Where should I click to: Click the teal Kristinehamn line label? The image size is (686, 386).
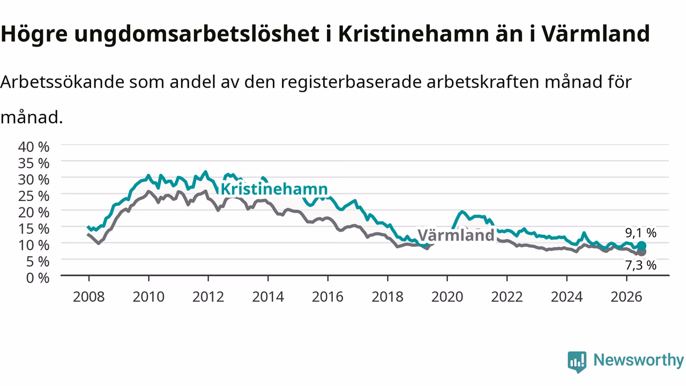(274, 189)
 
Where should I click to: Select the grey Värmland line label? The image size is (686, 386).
(456, 235)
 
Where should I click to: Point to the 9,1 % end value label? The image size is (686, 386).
(640, 233)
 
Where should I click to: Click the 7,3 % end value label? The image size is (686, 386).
(640, 265)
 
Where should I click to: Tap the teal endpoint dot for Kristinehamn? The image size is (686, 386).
(642, 246)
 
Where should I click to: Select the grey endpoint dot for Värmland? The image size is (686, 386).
(642, 252)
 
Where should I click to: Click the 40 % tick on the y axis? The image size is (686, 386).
(34, 147)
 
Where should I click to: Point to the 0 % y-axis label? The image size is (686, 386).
(38, 278)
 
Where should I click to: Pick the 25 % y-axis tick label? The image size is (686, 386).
(34, 196)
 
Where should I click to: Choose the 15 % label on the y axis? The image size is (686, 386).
(34, 229)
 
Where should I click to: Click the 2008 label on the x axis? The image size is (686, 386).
(89, 297)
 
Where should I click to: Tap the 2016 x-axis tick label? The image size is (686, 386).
(327, 297)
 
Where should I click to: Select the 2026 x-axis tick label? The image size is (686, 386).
(627, 297)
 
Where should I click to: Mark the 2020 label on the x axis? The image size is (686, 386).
(447, 297)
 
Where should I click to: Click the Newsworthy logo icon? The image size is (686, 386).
(577, 362)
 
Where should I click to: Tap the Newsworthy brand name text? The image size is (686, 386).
(638, 360)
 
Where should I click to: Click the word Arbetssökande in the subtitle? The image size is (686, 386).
(62, 82)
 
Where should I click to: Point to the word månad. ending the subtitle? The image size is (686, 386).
(32, 117)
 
